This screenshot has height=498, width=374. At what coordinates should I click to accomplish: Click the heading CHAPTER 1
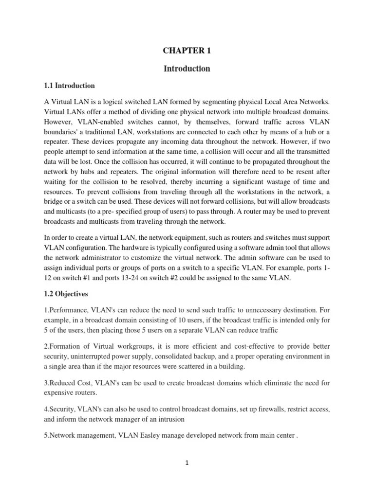pyautogui.click(x=187, y=51)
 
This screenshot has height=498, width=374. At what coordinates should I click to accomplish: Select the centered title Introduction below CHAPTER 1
pyautogui.click(x=187, y=69)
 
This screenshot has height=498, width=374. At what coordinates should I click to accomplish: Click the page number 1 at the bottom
pyautogui.click(x=187, y=463)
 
